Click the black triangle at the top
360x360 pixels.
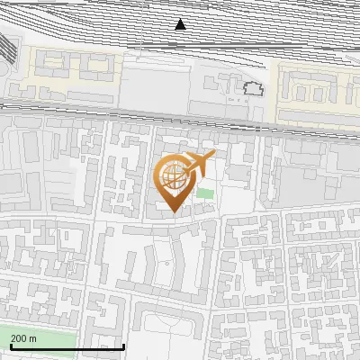coord(181,24)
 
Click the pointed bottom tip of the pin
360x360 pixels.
coord(172,212)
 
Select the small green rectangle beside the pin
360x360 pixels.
coord(206,193)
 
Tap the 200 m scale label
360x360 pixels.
coord(23,338)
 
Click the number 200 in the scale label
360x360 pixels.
coord(19,338)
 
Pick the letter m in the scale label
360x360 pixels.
coord(32,338)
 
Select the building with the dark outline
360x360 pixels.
coord(253,88)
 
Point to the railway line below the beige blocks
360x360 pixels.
coord(180,112)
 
